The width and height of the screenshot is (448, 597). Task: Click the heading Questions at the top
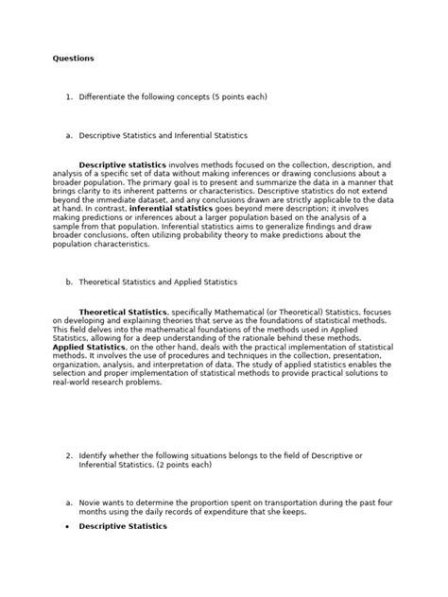tap(74, 59)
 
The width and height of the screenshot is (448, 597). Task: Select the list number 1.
tap(69, 96)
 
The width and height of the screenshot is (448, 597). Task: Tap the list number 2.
tap(69, 454)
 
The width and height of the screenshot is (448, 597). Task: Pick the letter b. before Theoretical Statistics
tap(69, 281)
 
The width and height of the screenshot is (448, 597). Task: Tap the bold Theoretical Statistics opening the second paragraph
tap(123, 311)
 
